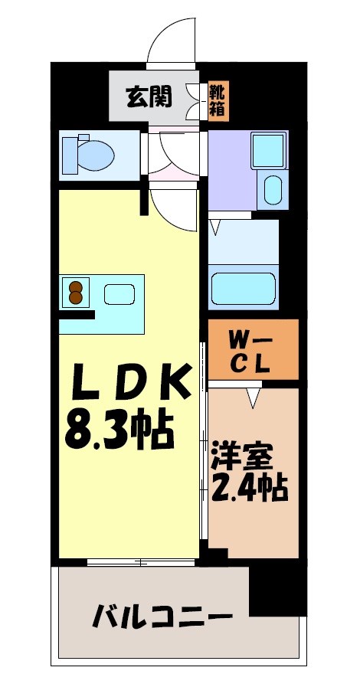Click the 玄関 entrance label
149,97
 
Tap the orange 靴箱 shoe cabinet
218,101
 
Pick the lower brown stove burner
76,298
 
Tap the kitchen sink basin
118,293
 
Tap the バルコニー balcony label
162,615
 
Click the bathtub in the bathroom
243,290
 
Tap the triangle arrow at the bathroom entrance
217,226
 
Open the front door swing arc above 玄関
170,42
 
